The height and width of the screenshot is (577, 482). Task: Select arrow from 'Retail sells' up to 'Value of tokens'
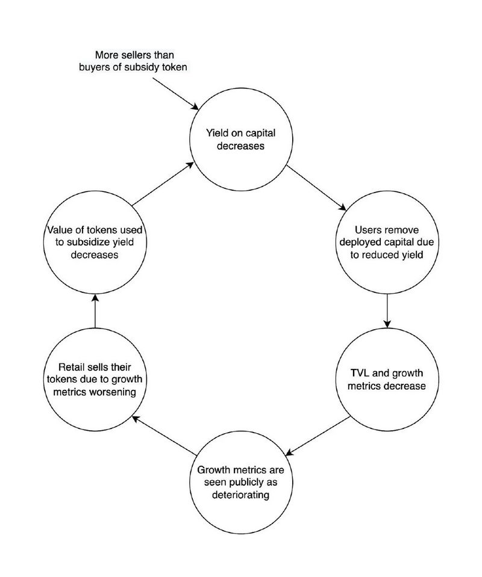coord(95,312)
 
